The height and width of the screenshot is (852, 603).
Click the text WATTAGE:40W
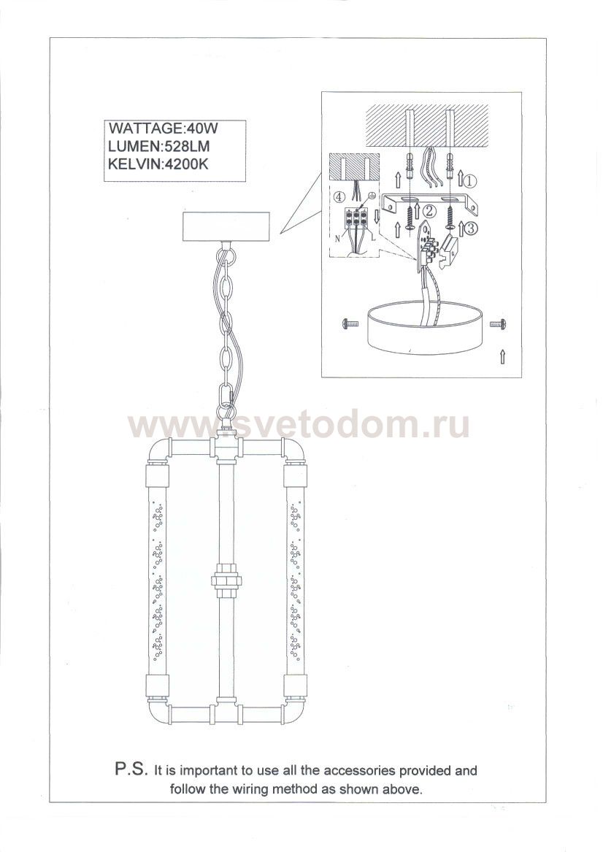click(164, 129)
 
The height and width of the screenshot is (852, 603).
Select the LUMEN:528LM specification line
click(159, 147)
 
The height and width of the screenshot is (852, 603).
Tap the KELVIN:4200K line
click(158, 164)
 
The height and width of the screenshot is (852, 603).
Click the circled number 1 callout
click(470, 179)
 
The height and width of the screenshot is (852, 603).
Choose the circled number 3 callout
click(472, 229)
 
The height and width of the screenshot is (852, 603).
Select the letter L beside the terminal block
click(375, 238)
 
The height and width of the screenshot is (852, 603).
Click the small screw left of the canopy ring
click(350, 324)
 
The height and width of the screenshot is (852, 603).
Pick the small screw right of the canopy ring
click(498, 324)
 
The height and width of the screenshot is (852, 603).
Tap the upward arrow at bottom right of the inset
click(502, 356)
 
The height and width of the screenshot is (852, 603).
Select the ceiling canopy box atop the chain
click(226, 229)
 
